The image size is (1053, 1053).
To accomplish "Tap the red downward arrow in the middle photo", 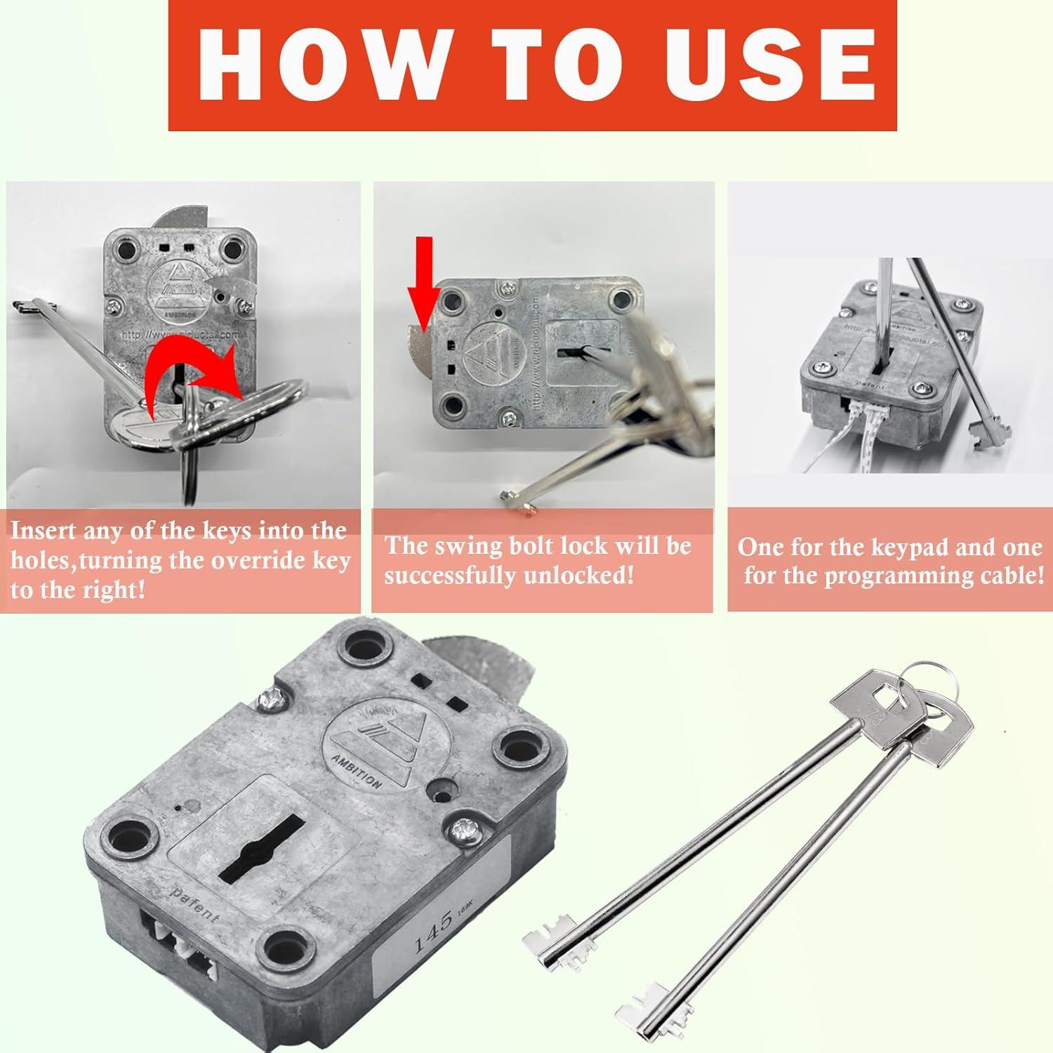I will point(424,282).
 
